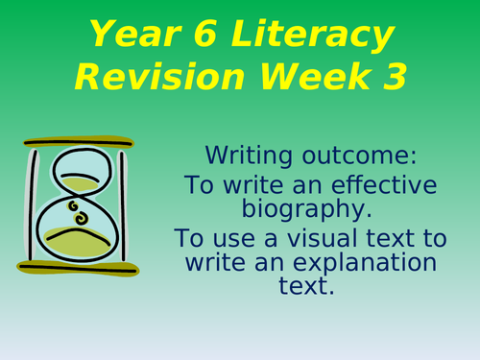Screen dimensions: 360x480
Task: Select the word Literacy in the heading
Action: (x=315, y=36)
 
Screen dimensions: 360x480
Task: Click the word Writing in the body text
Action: (x=243, y=153)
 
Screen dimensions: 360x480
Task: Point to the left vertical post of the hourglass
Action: (x=35, y=203)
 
